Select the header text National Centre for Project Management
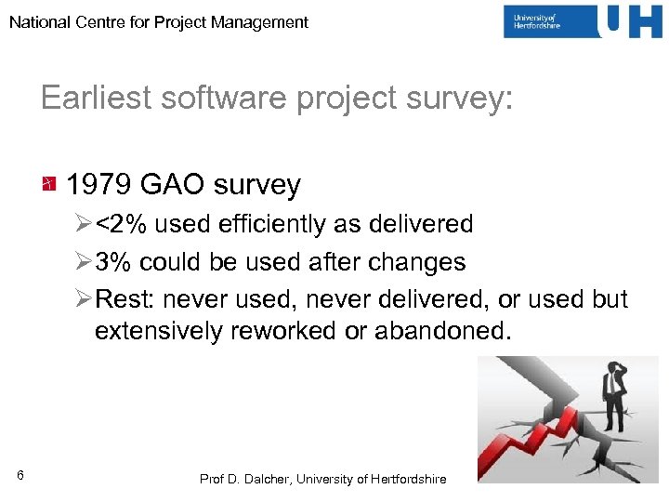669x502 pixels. click(x=159, y=22)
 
